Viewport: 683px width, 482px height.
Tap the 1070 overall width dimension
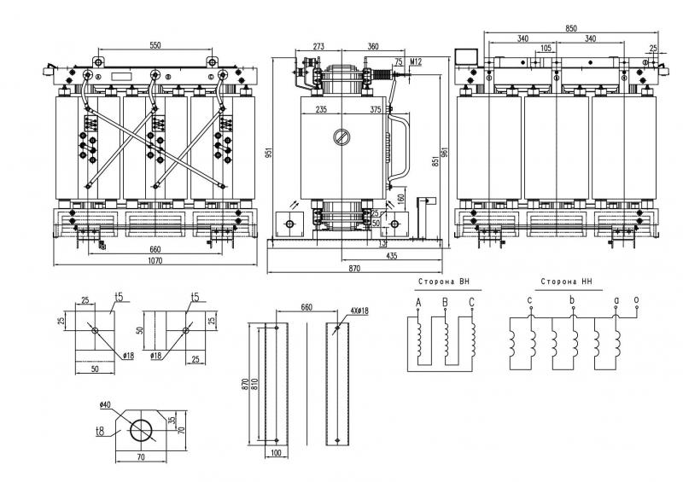tap(155, 259)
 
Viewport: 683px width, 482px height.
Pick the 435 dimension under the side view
tap(391, 256)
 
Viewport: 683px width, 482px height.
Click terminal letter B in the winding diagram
tap(445, 302)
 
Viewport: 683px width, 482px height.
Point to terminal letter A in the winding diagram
tap(418, 302)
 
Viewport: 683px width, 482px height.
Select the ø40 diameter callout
tap(108, 404)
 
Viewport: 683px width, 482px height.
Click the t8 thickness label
tap(101, 433)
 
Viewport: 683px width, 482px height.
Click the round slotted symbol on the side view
tap(341, 137)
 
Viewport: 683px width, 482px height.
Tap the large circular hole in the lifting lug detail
tap(140, 430)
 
